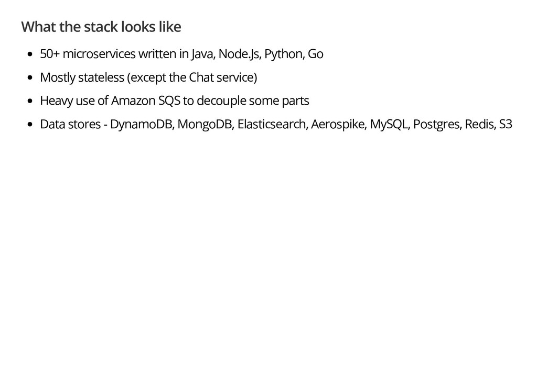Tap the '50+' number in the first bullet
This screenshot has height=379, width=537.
[x=49, y=54]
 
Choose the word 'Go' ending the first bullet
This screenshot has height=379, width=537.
[x=315, y=54]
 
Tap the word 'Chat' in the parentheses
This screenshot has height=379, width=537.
[x=200, y=77]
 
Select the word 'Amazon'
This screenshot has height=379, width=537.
[x=130, y=101]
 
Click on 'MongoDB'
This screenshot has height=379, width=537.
[x=205, y=124]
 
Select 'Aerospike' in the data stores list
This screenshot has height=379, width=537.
[x=338, y=124]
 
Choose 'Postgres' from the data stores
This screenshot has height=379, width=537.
[x=433, y=124]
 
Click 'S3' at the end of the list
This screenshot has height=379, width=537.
[x=505, y=124]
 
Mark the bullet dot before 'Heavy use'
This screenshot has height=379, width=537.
[x=30, y=101]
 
